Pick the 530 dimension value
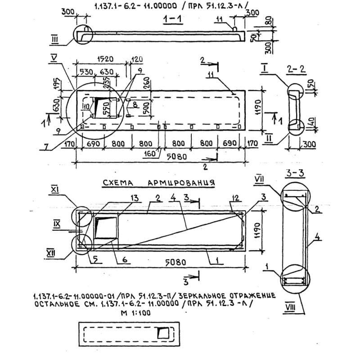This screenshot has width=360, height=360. (x=87, y=72)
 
